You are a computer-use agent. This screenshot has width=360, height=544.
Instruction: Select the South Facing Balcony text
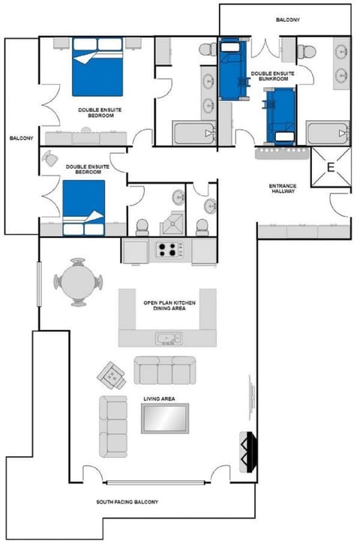coord(127,502)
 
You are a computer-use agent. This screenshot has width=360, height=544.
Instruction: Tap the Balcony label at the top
coord(287,20)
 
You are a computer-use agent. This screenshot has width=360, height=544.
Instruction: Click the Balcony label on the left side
coord(19,138)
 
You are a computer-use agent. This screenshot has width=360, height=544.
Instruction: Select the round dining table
coord(77,282)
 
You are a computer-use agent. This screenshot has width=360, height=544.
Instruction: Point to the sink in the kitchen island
coord(166,338)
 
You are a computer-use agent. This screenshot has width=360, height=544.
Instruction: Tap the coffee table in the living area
coord(165,418)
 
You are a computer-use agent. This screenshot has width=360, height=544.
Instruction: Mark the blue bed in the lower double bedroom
coord(82,207)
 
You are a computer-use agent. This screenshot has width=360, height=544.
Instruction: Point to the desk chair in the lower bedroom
coord(50,158)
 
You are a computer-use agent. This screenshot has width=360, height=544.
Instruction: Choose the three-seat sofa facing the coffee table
coord(163,369)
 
